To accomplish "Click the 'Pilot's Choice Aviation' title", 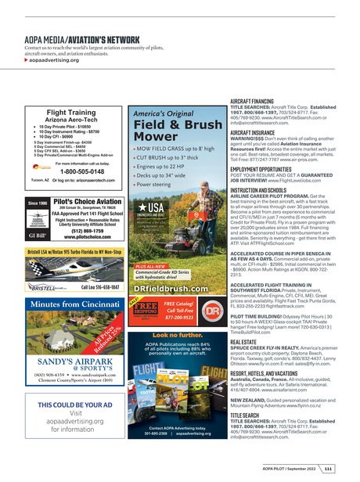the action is (x=79, y=201).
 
